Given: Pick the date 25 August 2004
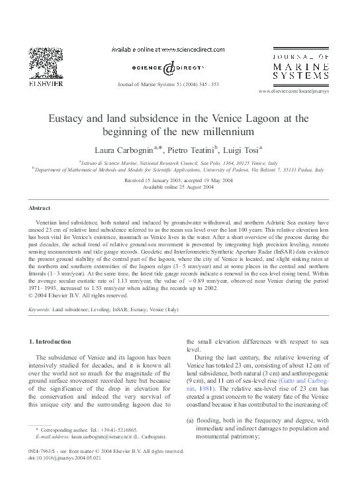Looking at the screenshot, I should tap(189, 187).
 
